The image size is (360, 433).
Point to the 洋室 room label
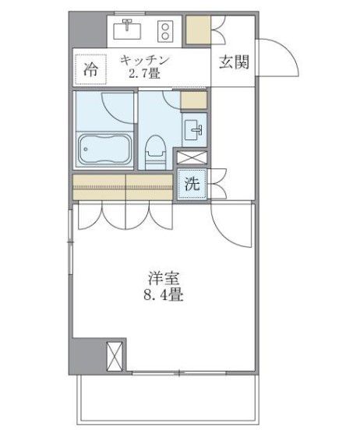point(163,278)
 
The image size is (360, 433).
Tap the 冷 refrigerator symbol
point(90,69)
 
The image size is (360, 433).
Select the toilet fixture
point(156,148)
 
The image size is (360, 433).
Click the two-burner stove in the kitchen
point(165,31)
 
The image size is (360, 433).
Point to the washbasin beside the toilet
point(194,128)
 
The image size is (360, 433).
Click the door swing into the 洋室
point(230,226)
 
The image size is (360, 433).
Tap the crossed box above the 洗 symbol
point(192,157)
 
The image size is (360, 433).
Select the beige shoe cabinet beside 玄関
point(198,29)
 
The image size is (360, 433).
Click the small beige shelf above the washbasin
point(193,100)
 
